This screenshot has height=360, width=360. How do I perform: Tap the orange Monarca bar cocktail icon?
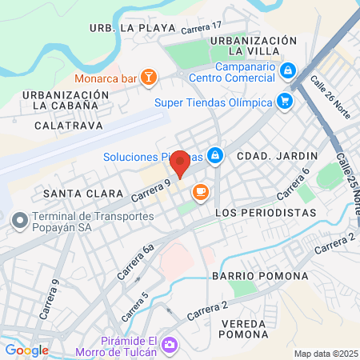(x=148, y=78)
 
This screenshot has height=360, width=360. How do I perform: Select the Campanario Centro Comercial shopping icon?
(x=287, y=71)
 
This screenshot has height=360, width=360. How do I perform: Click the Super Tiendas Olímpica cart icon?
(x=284, y=101)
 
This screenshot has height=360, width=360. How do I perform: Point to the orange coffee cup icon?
(x=199, y=191)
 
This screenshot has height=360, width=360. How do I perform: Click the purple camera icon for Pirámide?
(x=169, y=346)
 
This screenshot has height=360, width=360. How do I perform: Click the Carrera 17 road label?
(x=200, y=30)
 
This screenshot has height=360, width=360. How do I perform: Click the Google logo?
(x=27, y=350)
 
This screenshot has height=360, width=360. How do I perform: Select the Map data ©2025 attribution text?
(x=325, y=354)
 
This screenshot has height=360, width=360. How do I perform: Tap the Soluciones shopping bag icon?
(x=214, y=154)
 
